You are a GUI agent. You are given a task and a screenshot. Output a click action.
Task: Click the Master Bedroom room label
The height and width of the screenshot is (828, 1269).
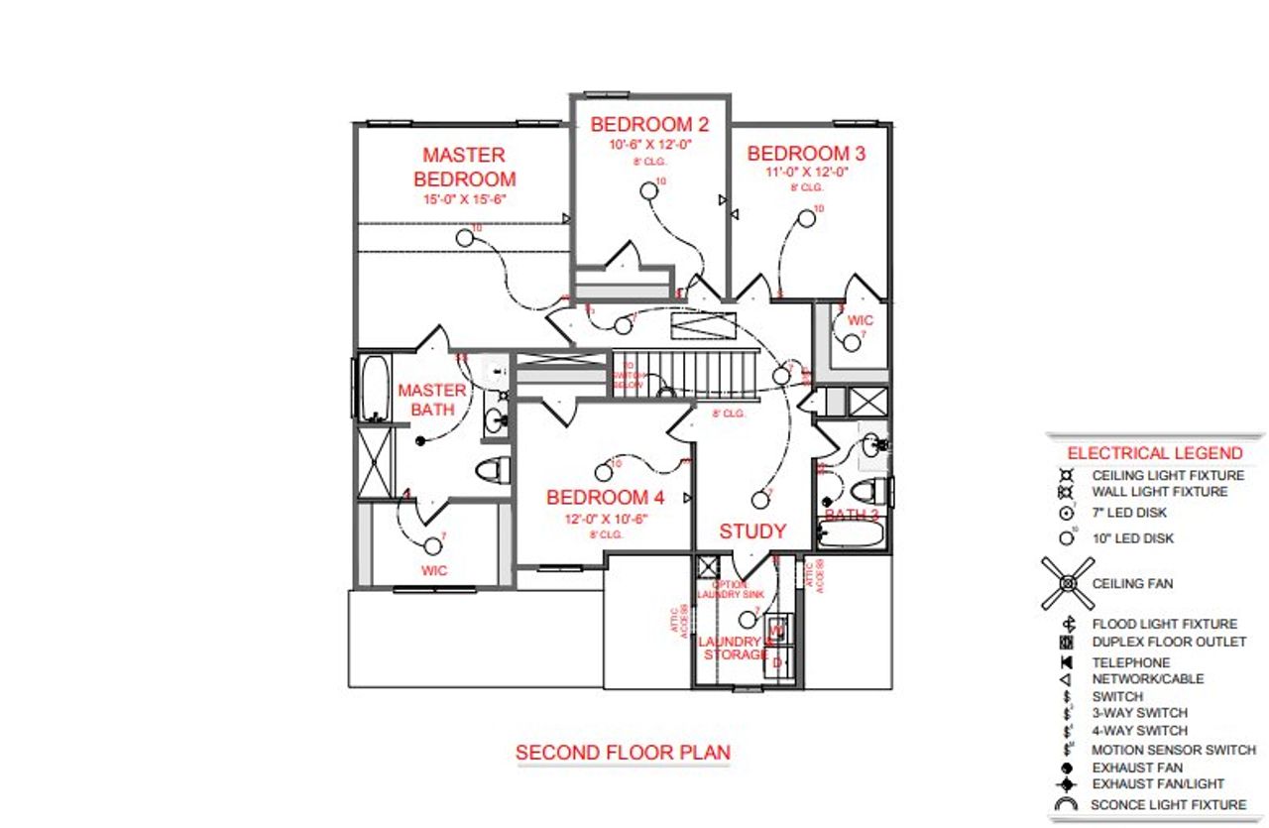click(464, 167)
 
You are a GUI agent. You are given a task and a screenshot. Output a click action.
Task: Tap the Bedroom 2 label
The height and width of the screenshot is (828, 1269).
click(649, 125)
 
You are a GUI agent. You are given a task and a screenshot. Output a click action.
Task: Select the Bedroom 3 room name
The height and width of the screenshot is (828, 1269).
click(806, 154)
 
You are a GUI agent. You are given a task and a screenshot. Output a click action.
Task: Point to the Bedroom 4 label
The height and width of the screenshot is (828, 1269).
click(605, 497)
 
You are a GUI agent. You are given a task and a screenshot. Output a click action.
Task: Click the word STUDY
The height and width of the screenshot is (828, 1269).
click(752, 532)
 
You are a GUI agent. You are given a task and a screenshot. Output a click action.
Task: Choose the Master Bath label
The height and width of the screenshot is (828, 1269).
click(432, 400)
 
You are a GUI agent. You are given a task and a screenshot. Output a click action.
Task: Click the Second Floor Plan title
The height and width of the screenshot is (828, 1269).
click(623, 753)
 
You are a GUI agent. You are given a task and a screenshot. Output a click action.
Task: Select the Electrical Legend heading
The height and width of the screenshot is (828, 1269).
click(1154, 453)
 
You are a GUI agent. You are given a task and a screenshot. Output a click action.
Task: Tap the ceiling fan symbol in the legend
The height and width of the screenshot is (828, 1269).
click(1067, 584)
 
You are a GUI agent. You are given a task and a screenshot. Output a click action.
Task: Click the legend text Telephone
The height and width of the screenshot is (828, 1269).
click(1130, 662)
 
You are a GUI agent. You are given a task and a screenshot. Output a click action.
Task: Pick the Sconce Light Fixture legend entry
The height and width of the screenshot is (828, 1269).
click(1168, 805)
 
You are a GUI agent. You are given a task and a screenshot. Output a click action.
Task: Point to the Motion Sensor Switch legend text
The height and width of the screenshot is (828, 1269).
click(1173, 750)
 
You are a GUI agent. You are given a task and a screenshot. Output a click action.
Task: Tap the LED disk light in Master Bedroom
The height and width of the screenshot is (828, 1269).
click(465, 238)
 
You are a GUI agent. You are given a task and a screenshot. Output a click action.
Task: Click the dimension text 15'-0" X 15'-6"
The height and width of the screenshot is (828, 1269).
click(464, 198)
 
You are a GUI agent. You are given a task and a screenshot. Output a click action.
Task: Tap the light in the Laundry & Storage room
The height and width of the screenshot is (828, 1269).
click(747, 620)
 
